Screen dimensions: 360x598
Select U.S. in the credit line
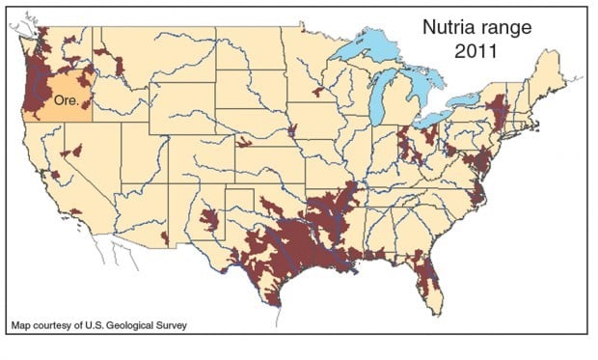(x=92, y=325)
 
